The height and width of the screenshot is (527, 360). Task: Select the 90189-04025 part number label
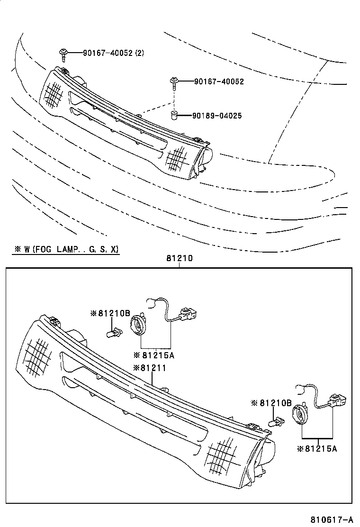click(217, 115)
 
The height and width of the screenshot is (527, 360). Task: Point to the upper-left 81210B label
click(110, 313)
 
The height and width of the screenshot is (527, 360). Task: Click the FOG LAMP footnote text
click(66, 249)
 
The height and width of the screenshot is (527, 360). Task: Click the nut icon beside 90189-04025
click(174, 115)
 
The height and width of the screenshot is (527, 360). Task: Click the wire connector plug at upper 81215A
click(188, 314)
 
